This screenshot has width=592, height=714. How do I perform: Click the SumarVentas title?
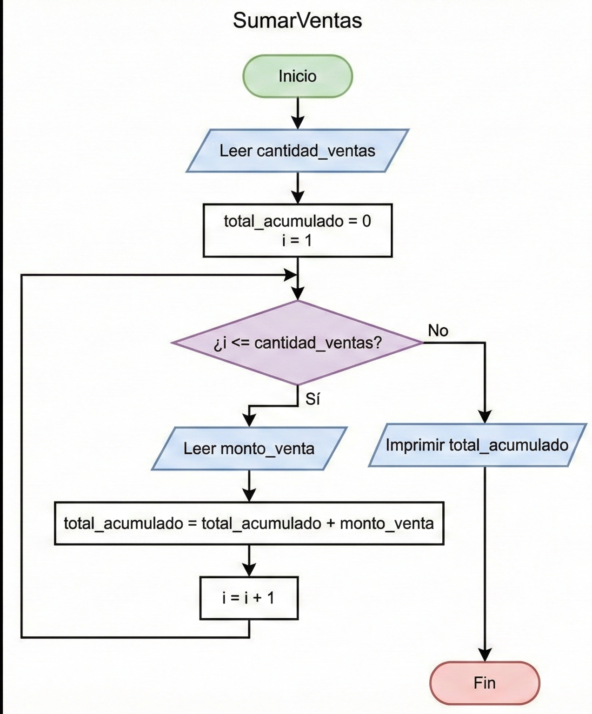pos(297,20)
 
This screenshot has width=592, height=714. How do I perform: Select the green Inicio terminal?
pos(297,76)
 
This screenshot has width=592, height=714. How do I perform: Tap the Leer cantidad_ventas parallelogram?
pos(297,151)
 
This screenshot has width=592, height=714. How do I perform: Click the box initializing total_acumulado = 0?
pos(297,231)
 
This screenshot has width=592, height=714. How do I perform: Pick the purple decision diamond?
pos(297,343)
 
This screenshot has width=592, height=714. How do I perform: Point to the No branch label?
pos(438,331)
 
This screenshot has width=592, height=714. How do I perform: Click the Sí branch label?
pos(313,399)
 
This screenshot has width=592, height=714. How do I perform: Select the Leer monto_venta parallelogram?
pos(249,448)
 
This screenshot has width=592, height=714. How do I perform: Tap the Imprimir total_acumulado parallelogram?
pos(477,445)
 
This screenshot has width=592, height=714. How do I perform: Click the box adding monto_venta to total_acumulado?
pos(249,523)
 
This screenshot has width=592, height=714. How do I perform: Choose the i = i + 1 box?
pos(249,598)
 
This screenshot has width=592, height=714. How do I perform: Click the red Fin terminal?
pos(485,683)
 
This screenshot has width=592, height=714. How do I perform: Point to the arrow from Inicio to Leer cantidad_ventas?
pos(298,113)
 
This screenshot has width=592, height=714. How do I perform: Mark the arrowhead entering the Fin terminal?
pos(485,655)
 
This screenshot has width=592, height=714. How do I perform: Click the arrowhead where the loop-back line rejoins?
pos(291,275)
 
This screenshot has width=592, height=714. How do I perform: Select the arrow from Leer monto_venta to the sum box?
pos(249,486)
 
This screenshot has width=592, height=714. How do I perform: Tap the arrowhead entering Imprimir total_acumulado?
pos(485,417)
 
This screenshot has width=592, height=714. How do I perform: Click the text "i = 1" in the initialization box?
pos(297,241)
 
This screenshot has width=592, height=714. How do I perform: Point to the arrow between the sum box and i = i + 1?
pos(249,561)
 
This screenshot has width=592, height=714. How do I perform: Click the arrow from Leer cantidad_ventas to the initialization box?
pos(298,188)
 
